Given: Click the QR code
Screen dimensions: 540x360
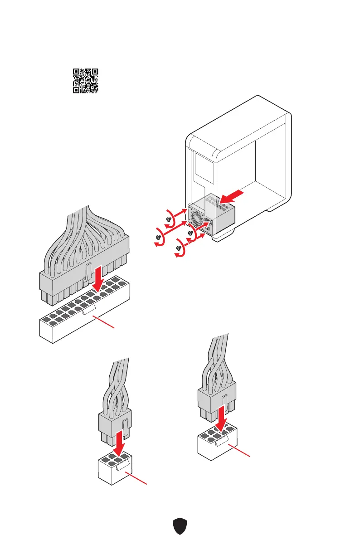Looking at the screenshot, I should click(86, 81).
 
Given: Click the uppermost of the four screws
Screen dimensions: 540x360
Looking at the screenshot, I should click(169, 218).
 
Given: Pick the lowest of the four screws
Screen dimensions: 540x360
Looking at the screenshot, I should click(179, 249).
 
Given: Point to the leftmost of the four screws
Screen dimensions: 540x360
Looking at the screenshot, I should click(158, 237).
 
